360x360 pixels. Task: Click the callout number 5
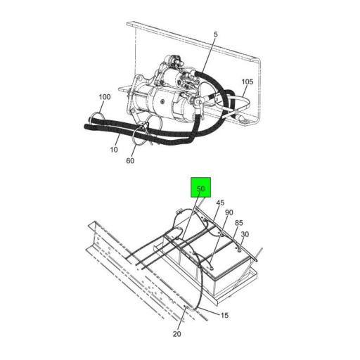(x=216, y=34)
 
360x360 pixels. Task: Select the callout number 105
(x=247, y=82)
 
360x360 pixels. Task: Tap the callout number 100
(x=105, y=97)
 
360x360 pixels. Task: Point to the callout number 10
(x=114, y=150)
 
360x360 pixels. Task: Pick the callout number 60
(x=130, y=161)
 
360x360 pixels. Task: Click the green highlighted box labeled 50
(x=200, y=187)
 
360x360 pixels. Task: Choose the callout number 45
(x=220, y=202)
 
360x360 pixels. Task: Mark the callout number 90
(x=229, y=212)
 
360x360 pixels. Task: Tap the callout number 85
(x=239, y=223)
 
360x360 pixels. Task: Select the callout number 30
(x=245, y=234)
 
